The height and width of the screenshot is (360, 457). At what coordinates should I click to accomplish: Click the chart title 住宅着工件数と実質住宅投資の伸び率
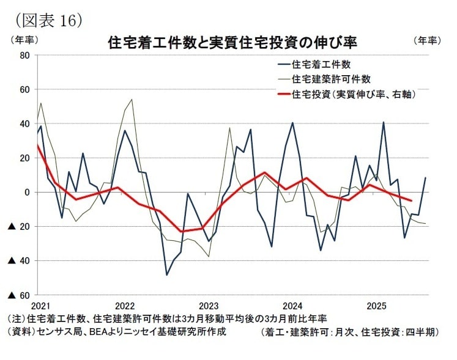coord(232,43)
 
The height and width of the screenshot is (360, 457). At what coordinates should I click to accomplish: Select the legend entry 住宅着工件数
coord(321,64)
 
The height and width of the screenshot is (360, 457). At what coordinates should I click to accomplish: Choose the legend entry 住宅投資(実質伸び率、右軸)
coord(355,94)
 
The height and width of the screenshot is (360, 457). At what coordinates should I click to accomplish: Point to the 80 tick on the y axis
coord(24,56)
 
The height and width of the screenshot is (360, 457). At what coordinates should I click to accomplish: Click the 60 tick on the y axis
coord(24,90)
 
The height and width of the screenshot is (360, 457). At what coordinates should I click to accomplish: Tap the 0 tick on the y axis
coord(27,193)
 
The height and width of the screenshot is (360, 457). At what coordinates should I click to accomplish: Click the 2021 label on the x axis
coord(39,306)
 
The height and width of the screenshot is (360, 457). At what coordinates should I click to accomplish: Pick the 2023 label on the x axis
coord(209,306)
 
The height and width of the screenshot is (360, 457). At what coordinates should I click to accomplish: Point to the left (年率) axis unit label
coord(23,40)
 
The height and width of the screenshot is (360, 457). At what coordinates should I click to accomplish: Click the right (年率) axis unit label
coord(426,40)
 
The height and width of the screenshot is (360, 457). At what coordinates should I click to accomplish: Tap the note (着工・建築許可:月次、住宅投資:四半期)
coord(349,332)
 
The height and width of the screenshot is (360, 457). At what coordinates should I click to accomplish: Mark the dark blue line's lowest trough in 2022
coord(167,274)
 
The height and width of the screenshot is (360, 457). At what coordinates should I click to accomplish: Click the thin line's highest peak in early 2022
coord(132,99)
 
